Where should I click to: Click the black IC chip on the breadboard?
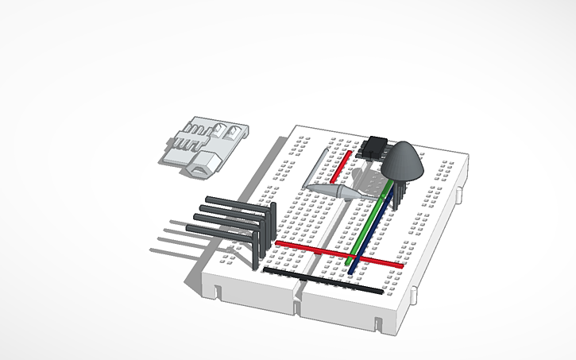pyautogui.click(x=376, y=146)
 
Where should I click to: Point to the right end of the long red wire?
pyautogui.click(x=401, y=265)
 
